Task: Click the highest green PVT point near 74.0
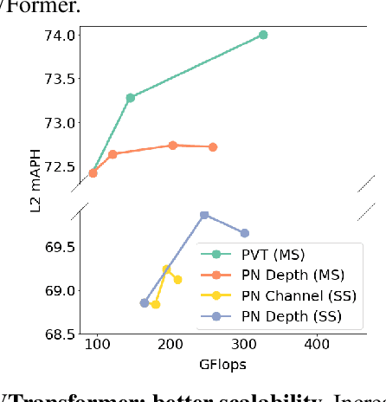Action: [263, 35]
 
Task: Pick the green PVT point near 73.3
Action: [130, 98]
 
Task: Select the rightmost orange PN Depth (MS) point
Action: [213, 147]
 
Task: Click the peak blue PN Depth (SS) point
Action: [204, 215]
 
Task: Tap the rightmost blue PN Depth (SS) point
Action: [245, 233]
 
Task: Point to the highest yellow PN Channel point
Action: [166, 269]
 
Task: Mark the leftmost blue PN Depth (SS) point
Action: [144, 303]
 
